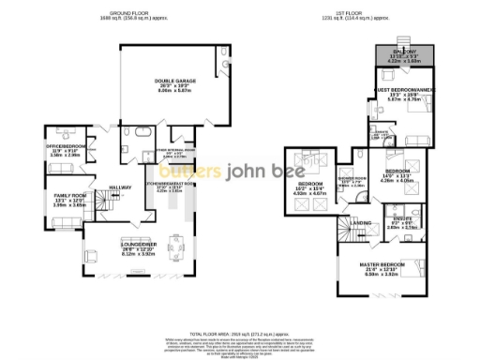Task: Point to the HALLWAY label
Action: [x=120, y=187]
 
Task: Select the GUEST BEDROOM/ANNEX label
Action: [x=405, y=91]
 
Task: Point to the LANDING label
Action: [x=360, y=223]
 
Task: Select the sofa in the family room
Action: [x=68, y=221]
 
